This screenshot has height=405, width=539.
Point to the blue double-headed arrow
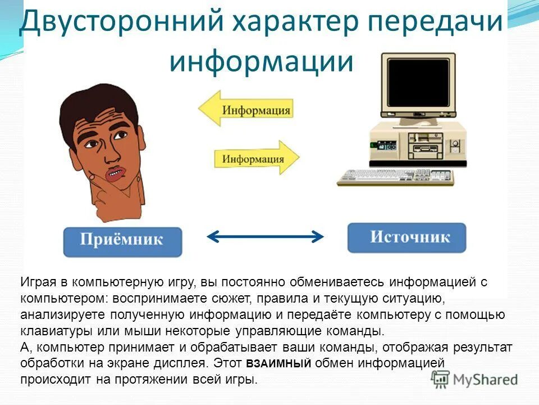266,236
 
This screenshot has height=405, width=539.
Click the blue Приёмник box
122,241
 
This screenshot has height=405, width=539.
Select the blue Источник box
406,237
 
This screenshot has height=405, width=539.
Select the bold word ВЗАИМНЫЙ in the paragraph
278,364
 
